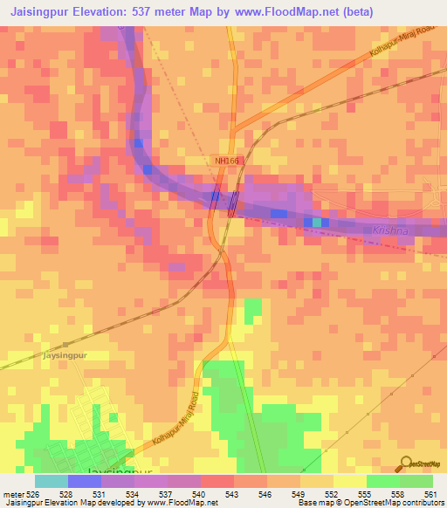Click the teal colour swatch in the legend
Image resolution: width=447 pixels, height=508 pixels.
click(51, 480)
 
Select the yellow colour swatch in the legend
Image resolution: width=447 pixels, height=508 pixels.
click(349, 480)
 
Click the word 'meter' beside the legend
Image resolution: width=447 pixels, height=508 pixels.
click(13, 494)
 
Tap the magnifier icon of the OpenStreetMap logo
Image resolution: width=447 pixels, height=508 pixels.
click(406, 463)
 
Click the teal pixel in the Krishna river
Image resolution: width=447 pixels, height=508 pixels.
click(317, 223)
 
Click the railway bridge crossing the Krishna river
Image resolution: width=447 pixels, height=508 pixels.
click(231, 203)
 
